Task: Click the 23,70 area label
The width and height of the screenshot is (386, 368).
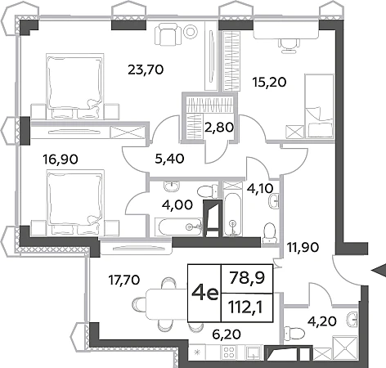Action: (146, 70)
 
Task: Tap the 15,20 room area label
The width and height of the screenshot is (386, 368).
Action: (269, 82)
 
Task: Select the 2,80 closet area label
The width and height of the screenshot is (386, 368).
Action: (219, 127)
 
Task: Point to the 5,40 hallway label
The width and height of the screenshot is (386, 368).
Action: (169, 159)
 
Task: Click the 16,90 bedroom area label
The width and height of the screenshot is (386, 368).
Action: (61, 159)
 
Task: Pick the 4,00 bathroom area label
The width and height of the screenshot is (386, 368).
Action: (177, 204)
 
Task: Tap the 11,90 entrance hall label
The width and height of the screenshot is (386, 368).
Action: (303, 247)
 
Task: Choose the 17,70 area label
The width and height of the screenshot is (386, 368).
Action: (124, 280)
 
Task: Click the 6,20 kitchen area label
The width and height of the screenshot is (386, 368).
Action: (227, 334)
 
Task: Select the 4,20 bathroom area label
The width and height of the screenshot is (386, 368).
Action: (322, 321)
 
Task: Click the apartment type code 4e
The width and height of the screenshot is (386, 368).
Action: (205, 293)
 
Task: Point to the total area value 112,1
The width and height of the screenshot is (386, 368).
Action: (245, 307)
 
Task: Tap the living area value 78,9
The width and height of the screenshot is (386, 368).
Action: (247, 278)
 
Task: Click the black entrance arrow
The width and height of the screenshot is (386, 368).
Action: (379, 271)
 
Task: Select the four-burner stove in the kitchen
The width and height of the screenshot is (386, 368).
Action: (230, 352)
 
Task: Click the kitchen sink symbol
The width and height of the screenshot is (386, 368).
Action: (254, 352)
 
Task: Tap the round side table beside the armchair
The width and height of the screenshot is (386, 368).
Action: (191, 31)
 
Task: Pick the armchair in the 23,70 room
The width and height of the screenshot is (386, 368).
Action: (168, 34)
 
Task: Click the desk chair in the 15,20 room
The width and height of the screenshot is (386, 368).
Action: (289, 45)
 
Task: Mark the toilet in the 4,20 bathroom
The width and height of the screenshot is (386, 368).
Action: (294, 333)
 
